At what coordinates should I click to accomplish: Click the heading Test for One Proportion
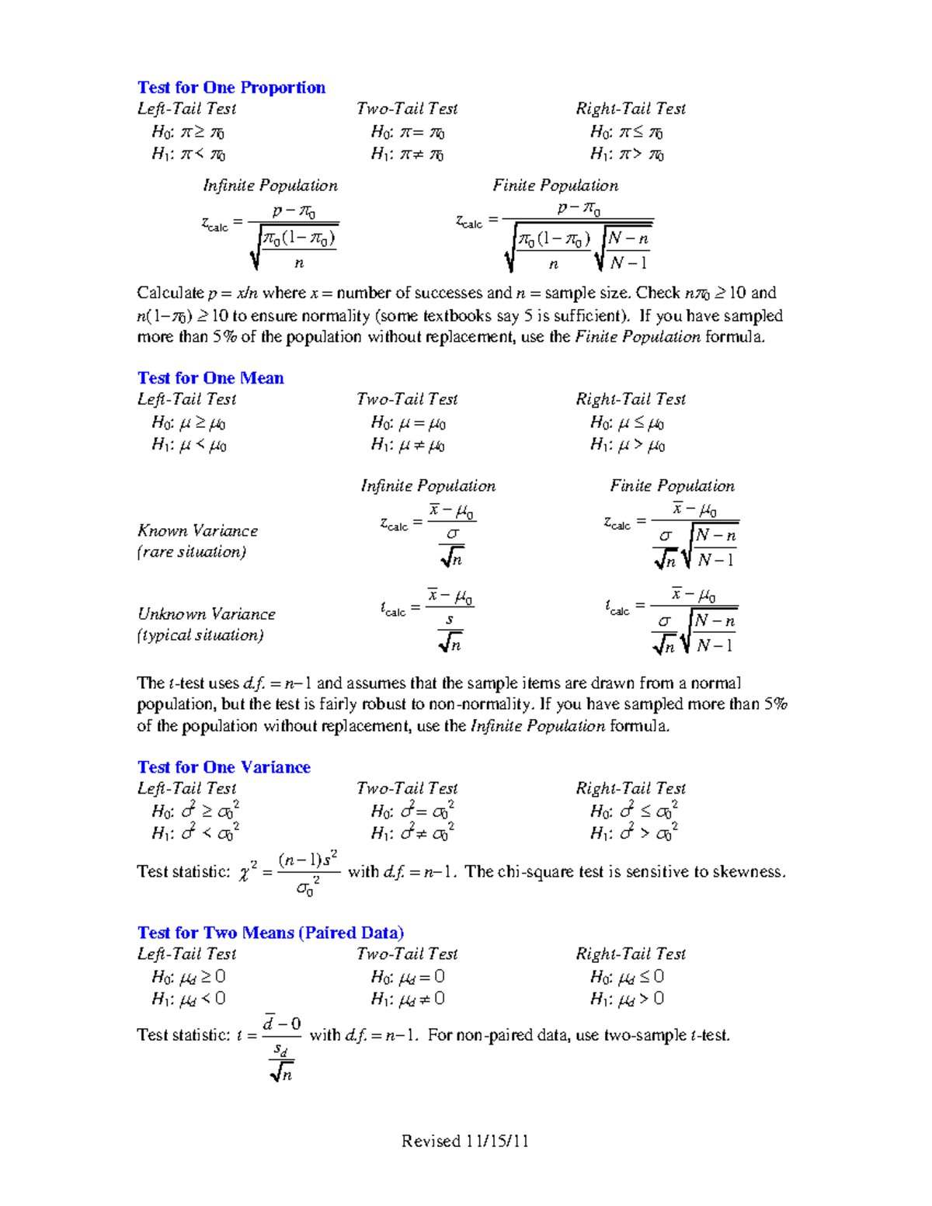(231, 88)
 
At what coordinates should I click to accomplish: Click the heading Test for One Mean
(210, 378)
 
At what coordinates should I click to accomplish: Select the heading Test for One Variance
(224, 767)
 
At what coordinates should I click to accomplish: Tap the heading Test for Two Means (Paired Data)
(270, 933)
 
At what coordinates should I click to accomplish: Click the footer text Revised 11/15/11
(464, 1141)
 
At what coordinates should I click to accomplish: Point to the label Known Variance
(197, 531)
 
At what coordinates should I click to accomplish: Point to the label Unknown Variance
(207, 614)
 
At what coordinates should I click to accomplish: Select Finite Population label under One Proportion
(555, 186)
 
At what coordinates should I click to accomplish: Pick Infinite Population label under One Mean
(428, 486)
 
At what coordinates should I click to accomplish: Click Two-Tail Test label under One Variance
(407, 788)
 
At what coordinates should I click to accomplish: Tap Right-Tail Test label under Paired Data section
(631, 954)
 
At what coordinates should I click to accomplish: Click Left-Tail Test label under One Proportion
(186, 109)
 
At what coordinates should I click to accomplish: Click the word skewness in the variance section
(749, 872)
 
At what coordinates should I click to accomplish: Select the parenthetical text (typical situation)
(200, 635)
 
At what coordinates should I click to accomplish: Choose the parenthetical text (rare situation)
(192, 552)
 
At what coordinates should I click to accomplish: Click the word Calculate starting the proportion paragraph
(170, 294)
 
